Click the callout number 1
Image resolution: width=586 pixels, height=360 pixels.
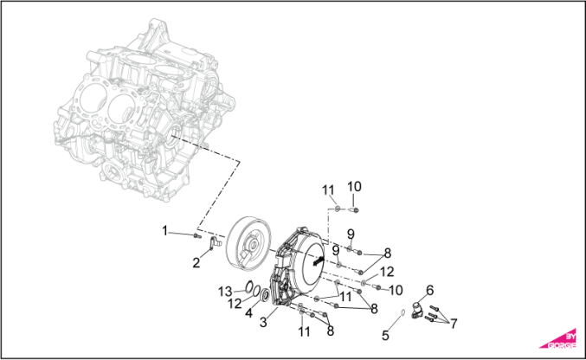[164, 230]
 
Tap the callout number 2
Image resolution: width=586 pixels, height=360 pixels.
[196, 262]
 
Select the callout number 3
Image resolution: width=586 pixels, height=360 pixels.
[263, 321]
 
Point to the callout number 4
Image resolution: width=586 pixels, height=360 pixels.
[248, 312]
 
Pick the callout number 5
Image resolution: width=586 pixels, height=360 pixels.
[385, 334]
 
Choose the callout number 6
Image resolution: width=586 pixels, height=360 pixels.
[429, 290]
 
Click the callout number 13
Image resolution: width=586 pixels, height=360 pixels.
[224, 290]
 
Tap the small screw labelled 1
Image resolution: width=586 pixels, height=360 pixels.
[197, 235]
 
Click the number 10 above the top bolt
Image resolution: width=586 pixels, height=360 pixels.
[355, 186]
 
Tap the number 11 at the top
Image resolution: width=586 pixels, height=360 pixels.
[329, 190]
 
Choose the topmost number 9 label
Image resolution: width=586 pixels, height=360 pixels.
[351, 234]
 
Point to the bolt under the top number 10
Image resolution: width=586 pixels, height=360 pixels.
[357, 209]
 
